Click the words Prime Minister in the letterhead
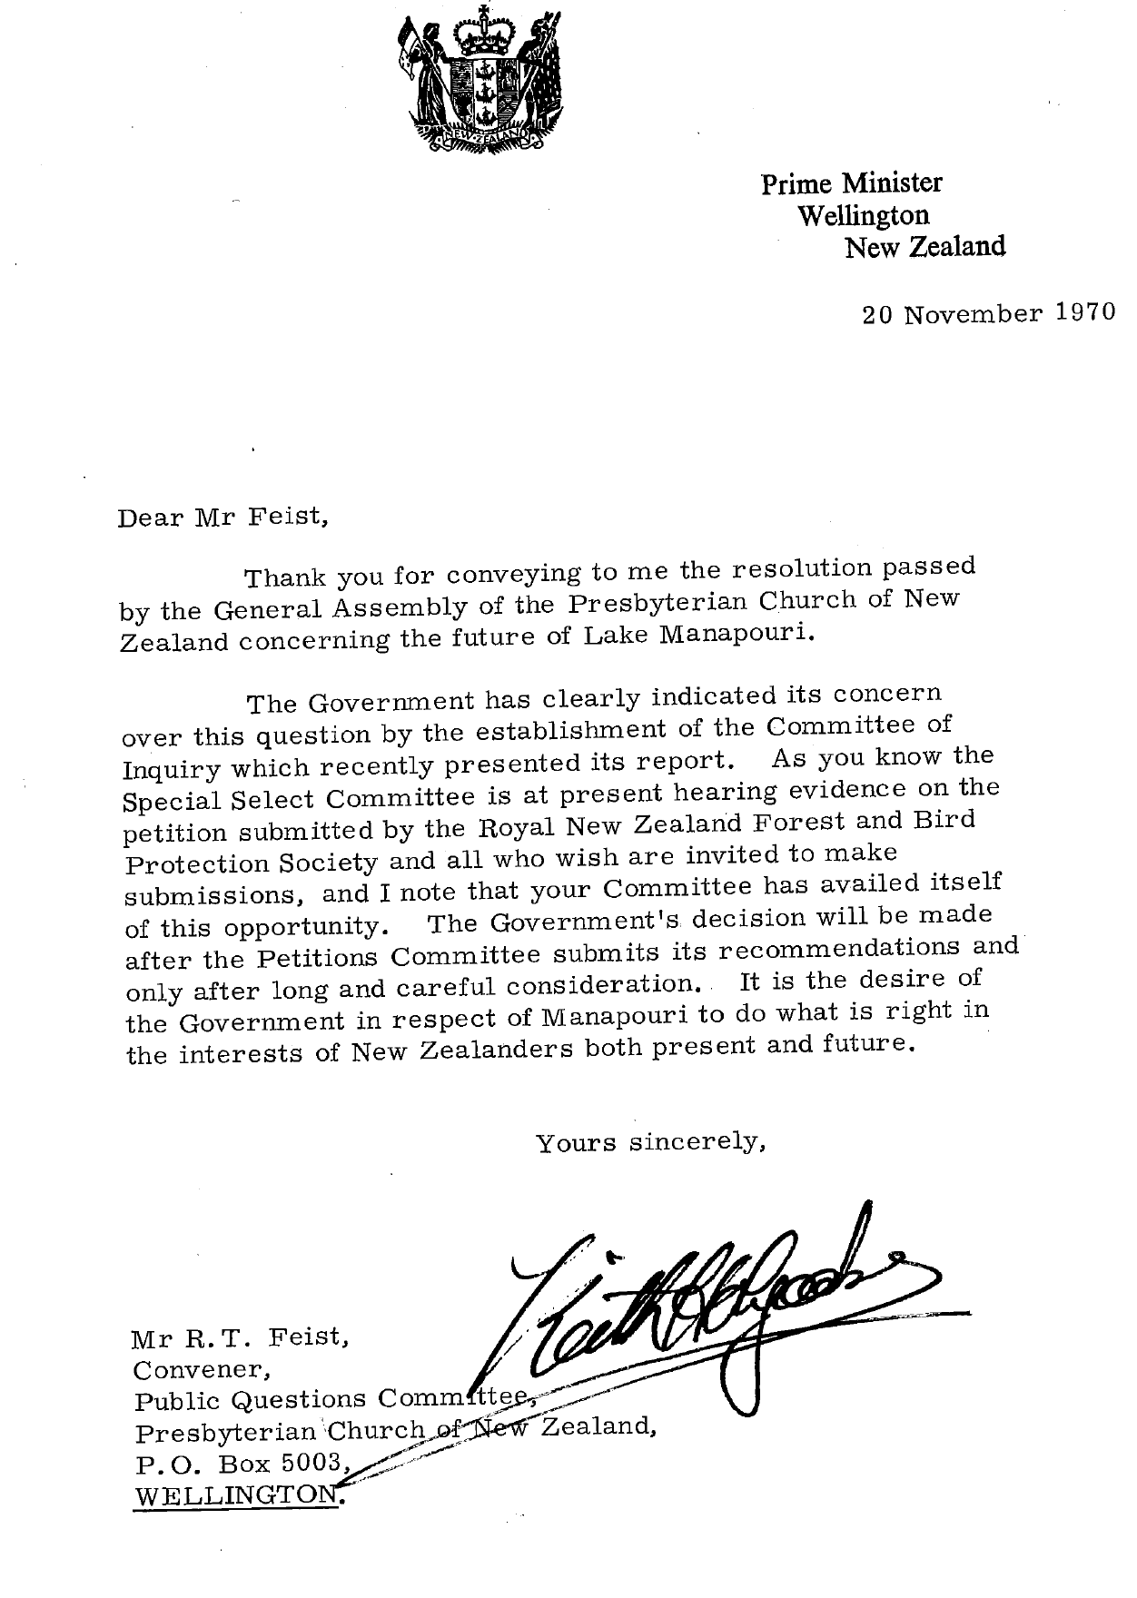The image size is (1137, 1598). [851, 183]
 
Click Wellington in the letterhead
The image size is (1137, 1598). [863, 215]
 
